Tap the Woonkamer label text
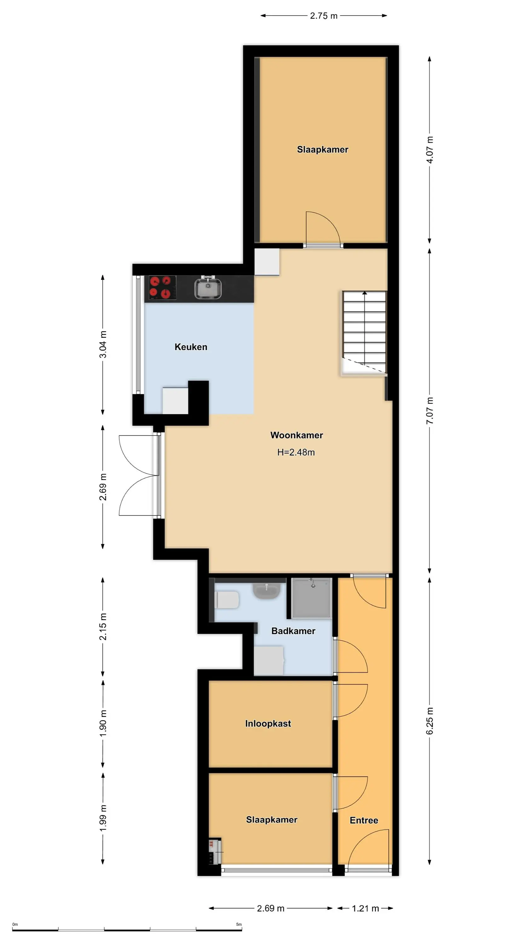(297, 435)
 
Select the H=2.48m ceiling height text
(296, 452)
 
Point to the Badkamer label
(293, 631)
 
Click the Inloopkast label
(268, 723)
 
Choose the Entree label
(364, 820)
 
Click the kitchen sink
(208, 288)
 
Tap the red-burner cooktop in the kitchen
(162, 288)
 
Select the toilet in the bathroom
(228, 600)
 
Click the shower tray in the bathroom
(312, 598)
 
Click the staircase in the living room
(364, 333)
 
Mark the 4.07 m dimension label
(430, 150)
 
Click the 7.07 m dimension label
(430, 411)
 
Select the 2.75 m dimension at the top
(323, 16)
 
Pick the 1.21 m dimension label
(365, 908)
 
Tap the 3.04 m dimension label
(103, 344)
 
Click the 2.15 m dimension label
(103, 627)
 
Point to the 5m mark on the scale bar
(239, 924)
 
